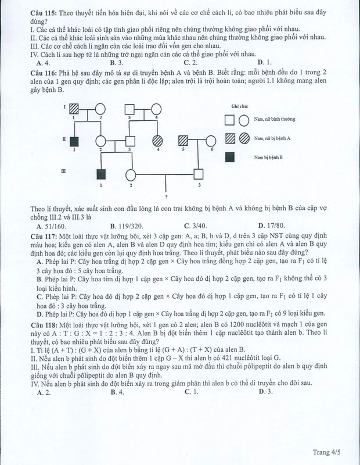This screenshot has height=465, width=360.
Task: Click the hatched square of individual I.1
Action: [x=74, y=108]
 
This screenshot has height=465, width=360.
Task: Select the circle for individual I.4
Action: [x=158, y=108]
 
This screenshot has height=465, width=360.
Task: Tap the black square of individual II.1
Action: [x=74, y=140]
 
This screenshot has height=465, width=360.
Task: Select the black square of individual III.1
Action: [x=102, y=173]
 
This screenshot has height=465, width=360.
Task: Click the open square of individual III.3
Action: [x=199, y=173]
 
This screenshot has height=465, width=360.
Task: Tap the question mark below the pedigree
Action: [x=166, y=198]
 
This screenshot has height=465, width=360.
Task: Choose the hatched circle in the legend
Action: [x=243, y=138]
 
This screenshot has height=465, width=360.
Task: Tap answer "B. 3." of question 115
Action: [x=116, y=63]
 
